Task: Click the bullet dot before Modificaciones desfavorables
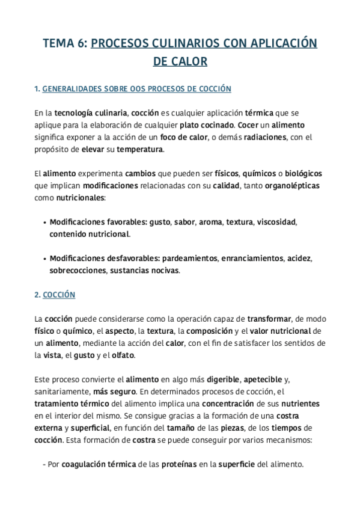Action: tap(44, 259)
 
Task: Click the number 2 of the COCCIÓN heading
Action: tap(37, 295)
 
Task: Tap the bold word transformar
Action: tap(269, 319)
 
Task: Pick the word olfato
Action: tap(123, 355)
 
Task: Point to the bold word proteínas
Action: tap(180, 464)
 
